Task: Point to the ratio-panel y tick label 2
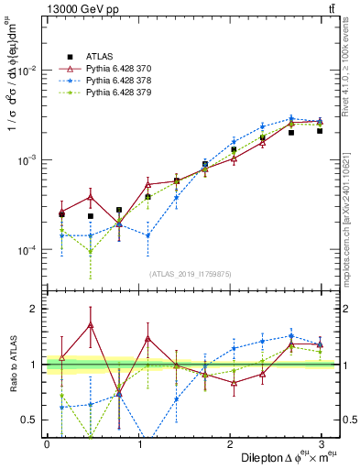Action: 36,309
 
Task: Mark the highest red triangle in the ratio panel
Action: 91,324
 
